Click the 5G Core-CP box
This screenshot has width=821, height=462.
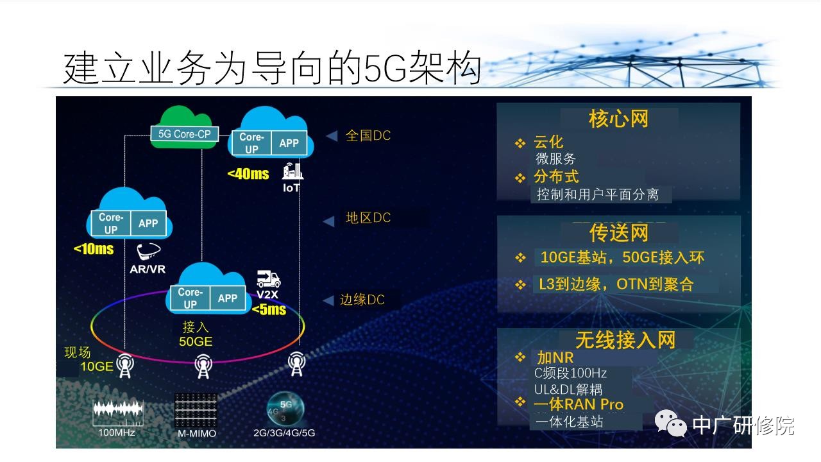click(185, 134)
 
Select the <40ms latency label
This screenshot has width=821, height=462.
click(248, 174)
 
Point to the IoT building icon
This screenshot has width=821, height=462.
click(292, 171)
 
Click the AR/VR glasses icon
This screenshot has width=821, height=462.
click(148, 251)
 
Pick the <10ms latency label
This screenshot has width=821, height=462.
click(94, 250)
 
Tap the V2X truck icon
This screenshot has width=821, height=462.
click(269, 279)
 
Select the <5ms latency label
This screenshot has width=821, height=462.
click(269, 310)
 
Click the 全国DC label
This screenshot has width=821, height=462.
click(368, 135)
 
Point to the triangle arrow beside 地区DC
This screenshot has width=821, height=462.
click(329, 221)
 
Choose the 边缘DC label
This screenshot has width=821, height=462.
click(362, 300)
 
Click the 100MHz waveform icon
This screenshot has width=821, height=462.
click(117, 413)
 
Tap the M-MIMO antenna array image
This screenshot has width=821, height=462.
click(196, 410)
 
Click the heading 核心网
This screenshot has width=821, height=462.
click(619, 119)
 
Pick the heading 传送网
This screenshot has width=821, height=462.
click(619, 233)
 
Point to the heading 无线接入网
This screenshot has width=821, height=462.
click(625, 340)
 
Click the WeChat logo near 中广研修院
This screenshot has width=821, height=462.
click(670, 423)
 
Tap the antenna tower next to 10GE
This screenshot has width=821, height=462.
click(125, 366)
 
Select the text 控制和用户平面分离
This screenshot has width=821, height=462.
click(598, 194)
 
